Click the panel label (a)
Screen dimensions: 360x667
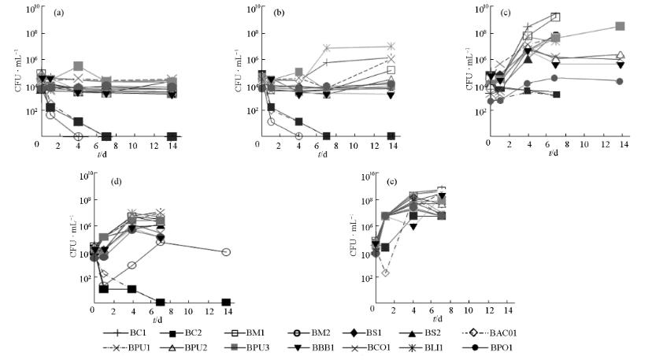coord(58,14)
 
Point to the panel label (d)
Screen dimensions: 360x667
coord(117,181)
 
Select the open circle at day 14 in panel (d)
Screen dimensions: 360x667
coord(226,252)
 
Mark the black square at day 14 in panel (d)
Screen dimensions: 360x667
coord(226,302)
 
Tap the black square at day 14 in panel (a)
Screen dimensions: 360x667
coord(172,136)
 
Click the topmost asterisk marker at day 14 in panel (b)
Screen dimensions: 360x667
coord(391,46)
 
